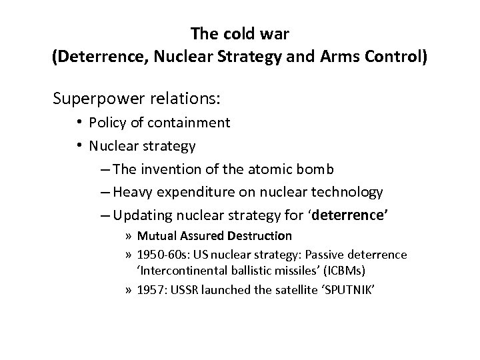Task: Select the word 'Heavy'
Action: point(131,193)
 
